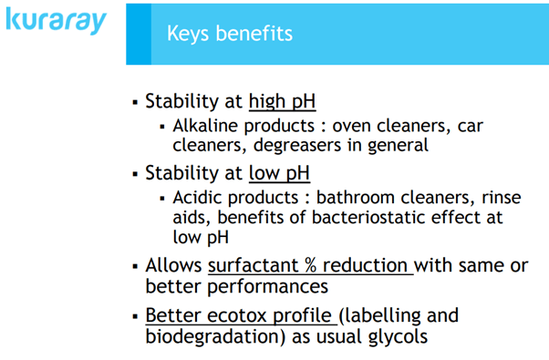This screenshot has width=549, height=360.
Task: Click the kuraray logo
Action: [x=56, y=23]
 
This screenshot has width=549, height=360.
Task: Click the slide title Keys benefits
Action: [x=230, y=34]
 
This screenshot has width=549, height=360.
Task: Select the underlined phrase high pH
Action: [x=283, y=101]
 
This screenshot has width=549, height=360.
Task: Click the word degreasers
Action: [x=293, y=145]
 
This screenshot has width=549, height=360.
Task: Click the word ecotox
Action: [x=237, y=315]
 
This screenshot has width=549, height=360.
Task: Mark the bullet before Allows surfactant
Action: [x=134, y=266]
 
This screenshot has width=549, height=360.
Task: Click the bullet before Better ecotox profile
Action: [x=134, y=315]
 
